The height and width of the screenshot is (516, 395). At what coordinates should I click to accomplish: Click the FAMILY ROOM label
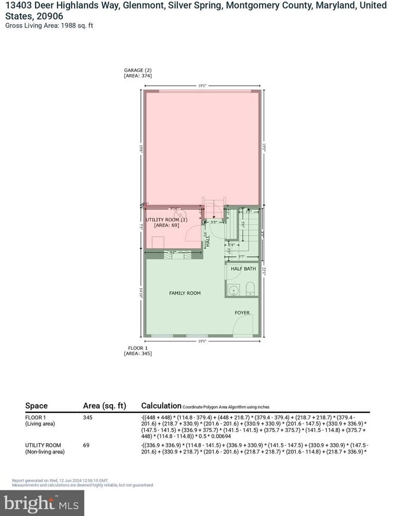pyautogui.click(x=185, y=293)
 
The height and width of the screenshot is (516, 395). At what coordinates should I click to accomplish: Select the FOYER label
pyautogui.click(x=242, y=313)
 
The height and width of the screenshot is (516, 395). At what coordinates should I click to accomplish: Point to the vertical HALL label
pyautogui.click(x=208, y=241)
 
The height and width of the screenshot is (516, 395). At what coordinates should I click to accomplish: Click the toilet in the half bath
pyautogui.click(x=250, y=288)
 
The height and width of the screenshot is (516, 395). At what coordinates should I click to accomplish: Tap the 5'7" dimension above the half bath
pyautogui.click(x=242, y=257)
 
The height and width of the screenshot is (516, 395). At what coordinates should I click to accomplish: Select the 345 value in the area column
pyautogui.click(x=88, y=417)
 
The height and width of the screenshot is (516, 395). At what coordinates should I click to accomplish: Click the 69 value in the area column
pyautogui.click(x=86, y=445)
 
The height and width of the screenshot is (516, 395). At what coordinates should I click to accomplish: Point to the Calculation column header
pyautogui.click(x=161, y=406)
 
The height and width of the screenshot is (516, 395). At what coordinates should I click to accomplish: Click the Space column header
pyautogui.click(x=37, y=406)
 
